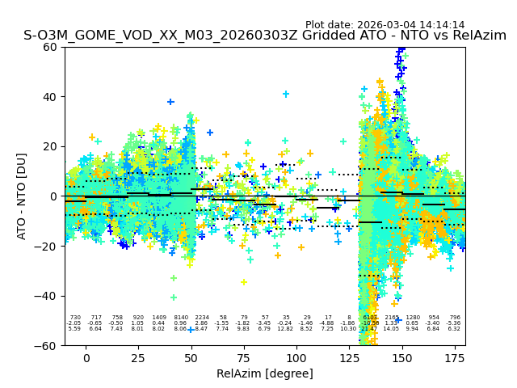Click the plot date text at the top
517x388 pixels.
(385, 25)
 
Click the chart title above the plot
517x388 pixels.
(265, 36)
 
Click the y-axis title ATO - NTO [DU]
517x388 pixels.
(22, 196)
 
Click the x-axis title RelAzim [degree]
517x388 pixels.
(265, 373)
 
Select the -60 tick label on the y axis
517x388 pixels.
(47, 345)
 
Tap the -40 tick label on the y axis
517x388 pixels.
(47, 296)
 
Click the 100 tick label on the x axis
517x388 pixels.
(296, 358)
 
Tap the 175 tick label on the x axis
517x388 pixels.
(455, 358)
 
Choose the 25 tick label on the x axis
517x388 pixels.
(138, 358)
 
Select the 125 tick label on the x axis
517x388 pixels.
(350, 358)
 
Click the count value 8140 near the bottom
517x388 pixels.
(180, 318)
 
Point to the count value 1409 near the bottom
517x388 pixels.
(159, 318)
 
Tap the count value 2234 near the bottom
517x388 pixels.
(201, 318)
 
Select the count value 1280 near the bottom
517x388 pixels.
(413, 318)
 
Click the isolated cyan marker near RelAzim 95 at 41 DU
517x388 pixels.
(286, 94)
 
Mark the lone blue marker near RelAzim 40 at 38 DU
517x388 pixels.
(170, 102)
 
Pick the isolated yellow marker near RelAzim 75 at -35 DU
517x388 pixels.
(243, 282)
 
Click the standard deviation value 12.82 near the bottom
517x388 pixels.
(286, 329)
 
